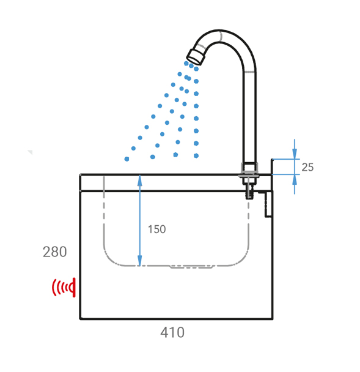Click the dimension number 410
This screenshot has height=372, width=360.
click(x=172, y=332)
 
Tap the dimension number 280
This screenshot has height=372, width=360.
click(x=55, y=251)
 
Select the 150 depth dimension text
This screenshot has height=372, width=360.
click(x=156, y=229)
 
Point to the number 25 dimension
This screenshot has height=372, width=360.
click(x=307, y=167)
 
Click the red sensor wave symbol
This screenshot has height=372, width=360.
click(x=64, y=288)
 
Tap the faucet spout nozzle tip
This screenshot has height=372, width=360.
click(x=196, y=57)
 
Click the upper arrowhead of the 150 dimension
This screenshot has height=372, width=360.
click(x=140, y=180)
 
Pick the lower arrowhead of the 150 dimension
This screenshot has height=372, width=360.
click(x=140, y=260)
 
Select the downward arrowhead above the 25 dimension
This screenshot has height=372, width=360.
click(x=295, y=154)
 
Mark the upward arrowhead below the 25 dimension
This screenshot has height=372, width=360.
click(x=295, y=180)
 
